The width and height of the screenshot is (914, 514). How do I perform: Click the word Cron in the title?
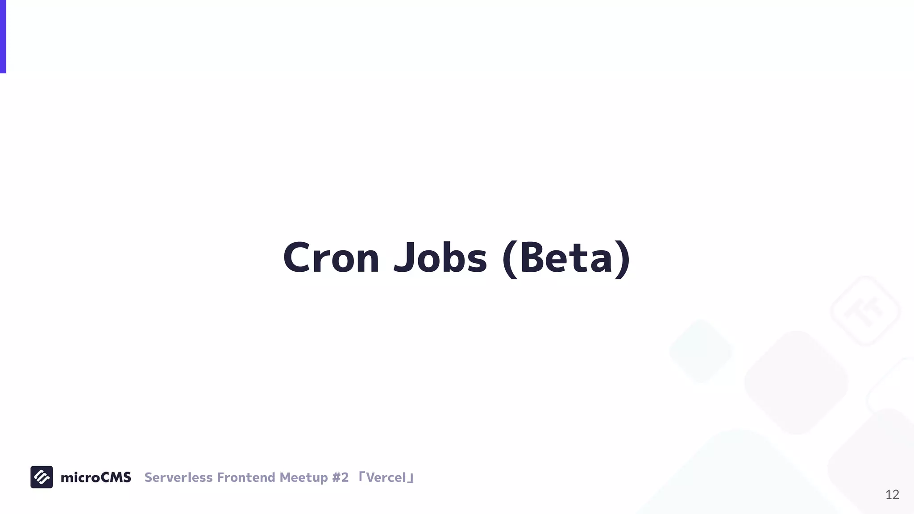331,258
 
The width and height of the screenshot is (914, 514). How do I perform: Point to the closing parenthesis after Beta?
623,259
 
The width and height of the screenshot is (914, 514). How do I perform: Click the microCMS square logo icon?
42,477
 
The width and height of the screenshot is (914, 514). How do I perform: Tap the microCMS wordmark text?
96,477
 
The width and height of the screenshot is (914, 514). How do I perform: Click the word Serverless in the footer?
179,477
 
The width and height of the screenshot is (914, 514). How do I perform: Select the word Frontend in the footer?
246,477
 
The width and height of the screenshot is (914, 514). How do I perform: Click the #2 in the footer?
340,477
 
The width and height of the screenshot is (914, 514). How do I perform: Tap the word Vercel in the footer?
386,477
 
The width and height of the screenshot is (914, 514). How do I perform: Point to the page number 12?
892,494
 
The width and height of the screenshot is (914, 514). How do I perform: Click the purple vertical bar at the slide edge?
3,36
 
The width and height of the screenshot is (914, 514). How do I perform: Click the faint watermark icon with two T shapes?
865,311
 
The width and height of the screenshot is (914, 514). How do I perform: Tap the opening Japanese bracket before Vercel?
362,476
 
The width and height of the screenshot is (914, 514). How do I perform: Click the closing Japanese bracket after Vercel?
411,479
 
